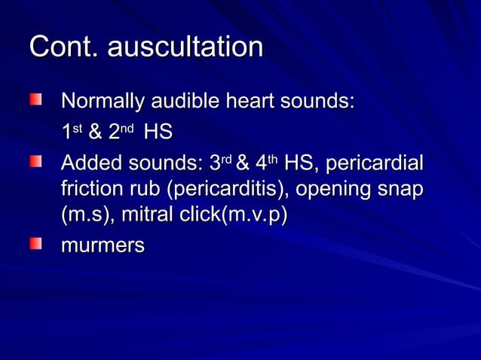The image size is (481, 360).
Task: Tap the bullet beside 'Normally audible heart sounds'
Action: tap(35, 99)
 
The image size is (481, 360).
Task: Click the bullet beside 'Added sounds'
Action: tap(35, 162)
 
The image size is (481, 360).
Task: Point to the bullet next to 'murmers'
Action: tap(35, 243)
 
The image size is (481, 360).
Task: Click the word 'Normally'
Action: tap(103, 101)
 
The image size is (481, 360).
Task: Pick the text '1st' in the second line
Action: tap(72, 133)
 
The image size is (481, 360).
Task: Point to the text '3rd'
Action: tap(219, 163)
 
